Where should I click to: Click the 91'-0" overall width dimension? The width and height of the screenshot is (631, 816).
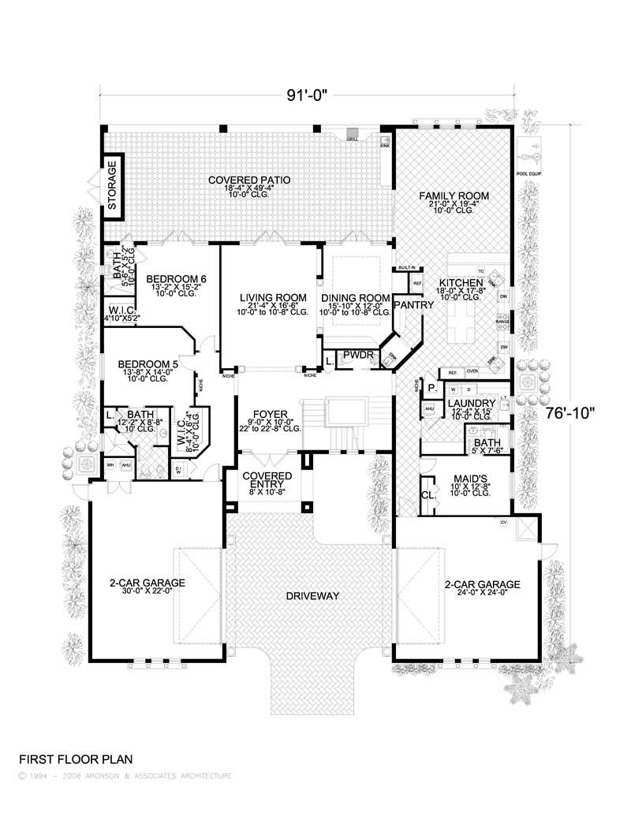click(x=307, y=96)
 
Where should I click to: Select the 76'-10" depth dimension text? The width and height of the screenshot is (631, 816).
click(x=573, y=412)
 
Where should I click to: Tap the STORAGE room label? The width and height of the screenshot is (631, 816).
click(x=112, y=187)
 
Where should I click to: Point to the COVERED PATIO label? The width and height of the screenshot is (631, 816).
click(x=249, y=180)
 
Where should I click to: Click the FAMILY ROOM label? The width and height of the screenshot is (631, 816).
click(x=454, y=196)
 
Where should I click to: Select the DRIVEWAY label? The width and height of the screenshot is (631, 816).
click(x=312, y=596)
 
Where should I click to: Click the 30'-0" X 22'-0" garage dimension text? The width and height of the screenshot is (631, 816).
click(x=147, y=594)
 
